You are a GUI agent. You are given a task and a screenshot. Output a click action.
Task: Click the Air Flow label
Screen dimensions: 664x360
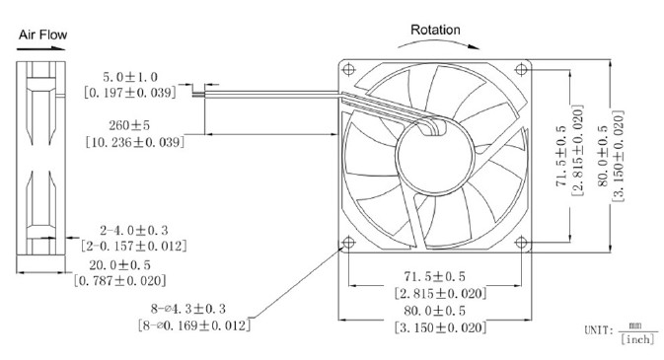pyautogui.click(x=42, y=35)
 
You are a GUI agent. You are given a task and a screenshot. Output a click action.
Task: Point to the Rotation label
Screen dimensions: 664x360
pyautogui.click(x=435, y=30)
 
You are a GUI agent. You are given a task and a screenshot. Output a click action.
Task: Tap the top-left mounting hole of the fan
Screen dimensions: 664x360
pyautogui.click(x=348, y=69)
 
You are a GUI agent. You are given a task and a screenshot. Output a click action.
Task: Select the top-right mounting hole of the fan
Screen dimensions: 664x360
pyautogui.click(x=522, y=69)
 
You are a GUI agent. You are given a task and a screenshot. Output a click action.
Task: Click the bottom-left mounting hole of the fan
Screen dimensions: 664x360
pyautogui.click(x=348, y=243)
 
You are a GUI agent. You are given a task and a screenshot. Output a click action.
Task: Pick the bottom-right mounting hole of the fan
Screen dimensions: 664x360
pyautogui.click(x=522, y=243)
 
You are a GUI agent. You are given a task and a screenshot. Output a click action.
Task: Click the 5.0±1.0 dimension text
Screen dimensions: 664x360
pyautogui.click(x=130, y=77)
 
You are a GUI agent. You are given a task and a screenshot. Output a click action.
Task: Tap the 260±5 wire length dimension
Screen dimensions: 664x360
pyautogui.click(x=129, y=125)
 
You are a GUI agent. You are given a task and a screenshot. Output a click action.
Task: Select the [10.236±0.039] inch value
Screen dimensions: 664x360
pyautogui.click(x=135, y=142)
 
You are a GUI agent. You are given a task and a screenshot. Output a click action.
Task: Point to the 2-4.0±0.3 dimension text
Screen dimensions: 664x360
pyautogui.click(x=134, y=231)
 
